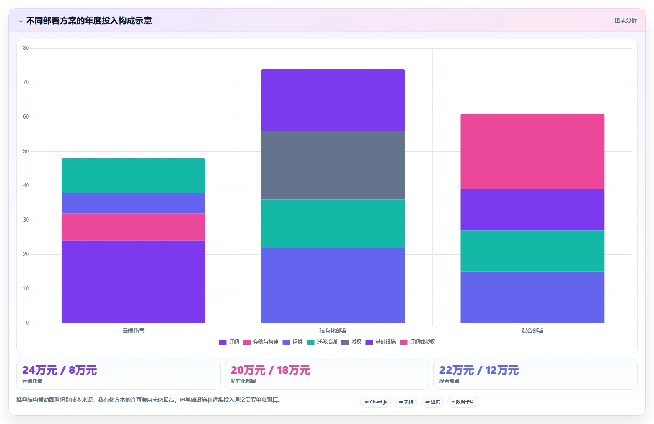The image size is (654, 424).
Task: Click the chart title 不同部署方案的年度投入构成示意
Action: [89, 21]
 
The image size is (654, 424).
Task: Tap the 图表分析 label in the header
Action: [626, 21]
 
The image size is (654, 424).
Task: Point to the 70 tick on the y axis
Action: [26, 83]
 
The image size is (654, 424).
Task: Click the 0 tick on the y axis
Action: [28, 323]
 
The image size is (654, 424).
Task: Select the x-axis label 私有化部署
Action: [333, 331]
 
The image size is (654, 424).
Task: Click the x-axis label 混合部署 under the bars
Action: [532, 331]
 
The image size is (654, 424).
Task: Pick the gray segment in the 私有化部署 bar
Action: [333, 165]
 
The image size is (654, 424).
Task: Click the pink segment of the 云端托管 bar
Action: [133, 227]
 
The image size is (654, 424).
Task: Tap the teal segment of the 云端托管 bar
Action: [133, 176]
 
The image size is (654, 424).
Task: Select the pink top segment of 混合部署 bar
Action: [532, 152]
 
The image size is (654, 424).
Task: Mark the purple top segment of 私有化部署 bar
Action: [333, 100]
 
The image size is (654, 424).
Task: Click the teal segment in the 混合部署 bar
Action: [532, 251]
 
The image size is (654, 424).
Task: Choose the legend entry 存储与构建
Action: [261, 342]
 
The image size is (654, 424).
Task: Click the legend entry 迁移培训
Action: [322, 342]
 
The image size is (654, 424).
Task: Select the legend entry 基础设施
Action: [381, 342]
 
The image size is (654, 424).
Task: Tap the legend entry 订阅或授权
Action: [418, 342]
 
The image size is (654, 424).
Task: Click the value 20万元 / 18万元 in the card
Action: [270, 370]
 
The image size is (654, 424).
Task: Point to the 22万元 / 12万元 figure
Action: [479, 370]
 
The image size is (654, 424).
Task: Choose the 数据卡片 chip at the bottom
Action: [463, 402]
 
